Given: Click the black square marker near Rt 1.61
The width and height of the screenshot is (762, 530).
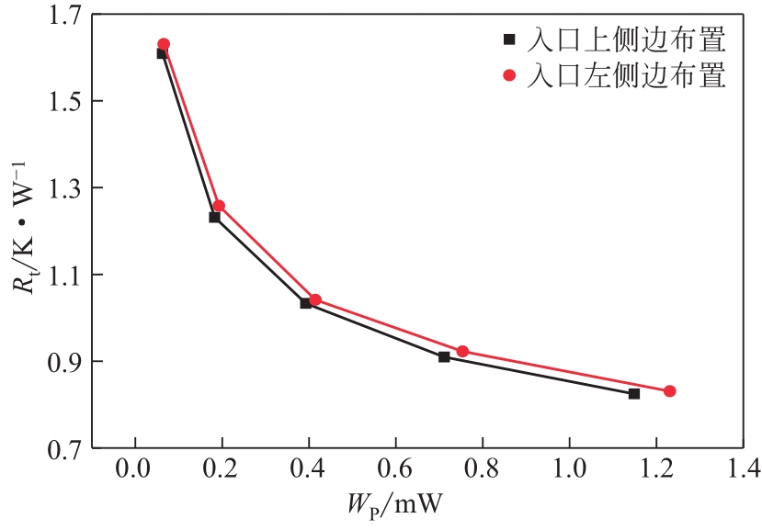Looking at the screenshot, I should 162,53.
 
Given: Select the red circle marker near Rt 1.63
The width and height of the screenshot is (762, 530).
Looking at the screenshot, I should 164,44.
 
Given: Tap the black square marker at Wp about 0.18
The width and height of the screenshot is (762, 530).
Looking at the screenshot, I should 214,217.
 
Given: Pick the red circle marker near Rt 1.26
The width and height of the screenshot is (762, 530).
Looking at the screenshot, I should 219,206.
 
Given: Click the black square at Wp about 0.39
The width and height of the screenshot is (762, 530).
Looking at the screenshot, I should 305,303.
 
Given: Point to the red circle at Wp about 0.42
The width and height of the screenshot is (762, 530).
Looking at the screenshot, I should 315,299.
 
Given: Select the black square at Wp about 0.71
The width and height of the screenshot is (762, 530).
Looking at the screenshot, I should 444,356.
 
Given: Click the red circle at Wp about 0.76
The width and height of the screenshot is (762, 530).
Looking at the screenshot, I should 463,351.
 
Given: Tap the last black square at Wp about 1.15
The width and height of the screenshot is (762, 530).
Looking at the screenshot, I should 634,393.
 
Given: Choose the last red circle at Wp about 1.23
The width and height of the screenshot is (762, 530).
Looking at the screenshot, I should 669,391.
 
